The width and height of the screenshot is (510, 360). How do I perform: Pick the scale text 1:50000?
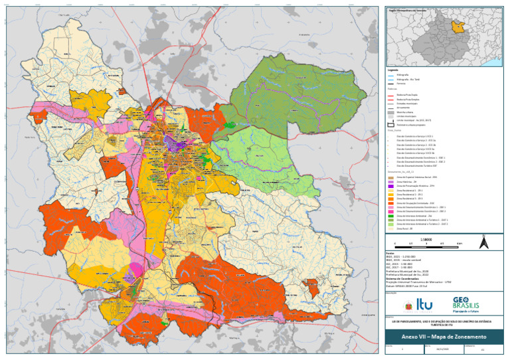tap(427, 237)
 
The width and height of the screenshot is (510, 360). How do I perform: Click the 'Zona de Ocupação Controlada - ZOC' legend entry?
tap(411, 202)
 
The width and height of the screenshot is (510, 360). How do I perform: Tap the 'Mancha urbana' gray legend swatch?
tap(390, 111)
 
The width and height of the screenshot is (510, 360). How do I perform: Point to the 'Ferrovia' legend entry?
tap(400, 84)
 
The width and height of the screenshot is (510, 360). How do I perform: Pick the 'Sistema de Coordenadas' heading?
tap(404, 278)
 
